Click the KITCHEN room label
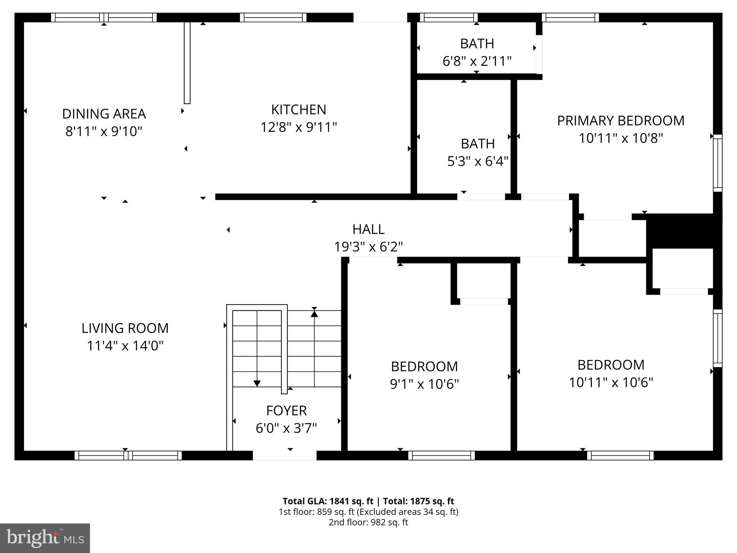point(298,109)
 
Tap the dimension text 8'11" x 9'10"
point(104,131)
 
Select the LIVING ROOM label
point(125,328)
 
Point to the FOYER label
point(286,410)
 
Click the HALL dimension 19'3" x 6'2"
point(368,247)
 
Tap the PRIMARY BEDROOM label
point(620,121)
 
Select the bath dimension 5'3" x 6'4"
point(478,161)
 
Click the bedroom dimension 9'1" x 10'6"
point(424,384)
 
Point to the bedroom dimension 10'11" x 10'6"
point(611,382)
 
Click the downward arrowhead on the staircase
point(257,383)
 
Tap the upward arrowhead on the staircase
point(314,314)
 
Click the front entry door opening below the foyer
point(284,455)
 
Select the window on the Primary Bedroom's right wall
point(718,163)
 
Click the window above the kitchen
point(273,17)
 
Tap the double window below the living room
point(128,455)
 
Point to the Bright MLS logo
point(45,538)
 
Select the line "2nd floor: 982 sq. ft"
point(368,522)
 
